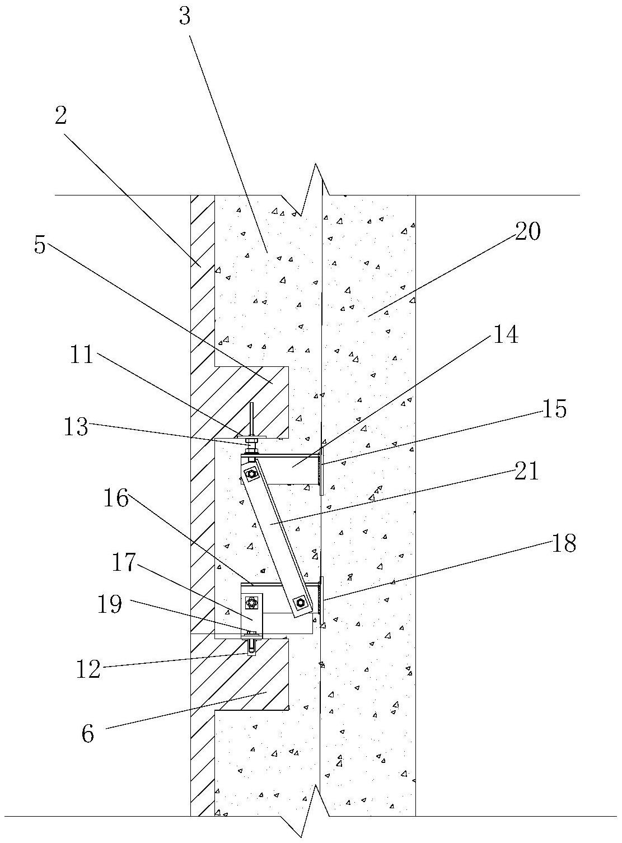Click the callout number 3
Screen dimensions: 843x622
tap(185, 17)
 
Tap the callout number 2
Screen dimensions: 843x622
tap(60, 116)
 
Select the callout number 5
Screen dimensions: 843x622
tap(39, 245)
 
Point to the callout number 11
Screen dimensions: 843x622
tap(82, 355)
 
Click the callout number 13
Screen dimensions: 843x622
tap(76, 427)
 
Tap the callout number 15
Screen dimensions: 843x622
tap(554, 409)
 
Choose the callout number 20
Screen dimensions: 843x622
tap(527, 231)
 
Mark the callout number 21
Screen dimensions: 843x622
tap(526, 471)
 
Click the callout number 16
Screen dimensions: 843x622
tap(115, 497)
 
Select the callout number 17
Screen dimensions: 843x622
tap(124, 562)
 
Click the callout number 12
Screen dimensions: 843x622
tap(88, 668)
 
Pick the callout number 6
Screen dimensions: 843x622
tap(87, 733)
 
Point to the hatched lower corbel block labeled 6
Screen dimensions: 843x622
tap(263, 681)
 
